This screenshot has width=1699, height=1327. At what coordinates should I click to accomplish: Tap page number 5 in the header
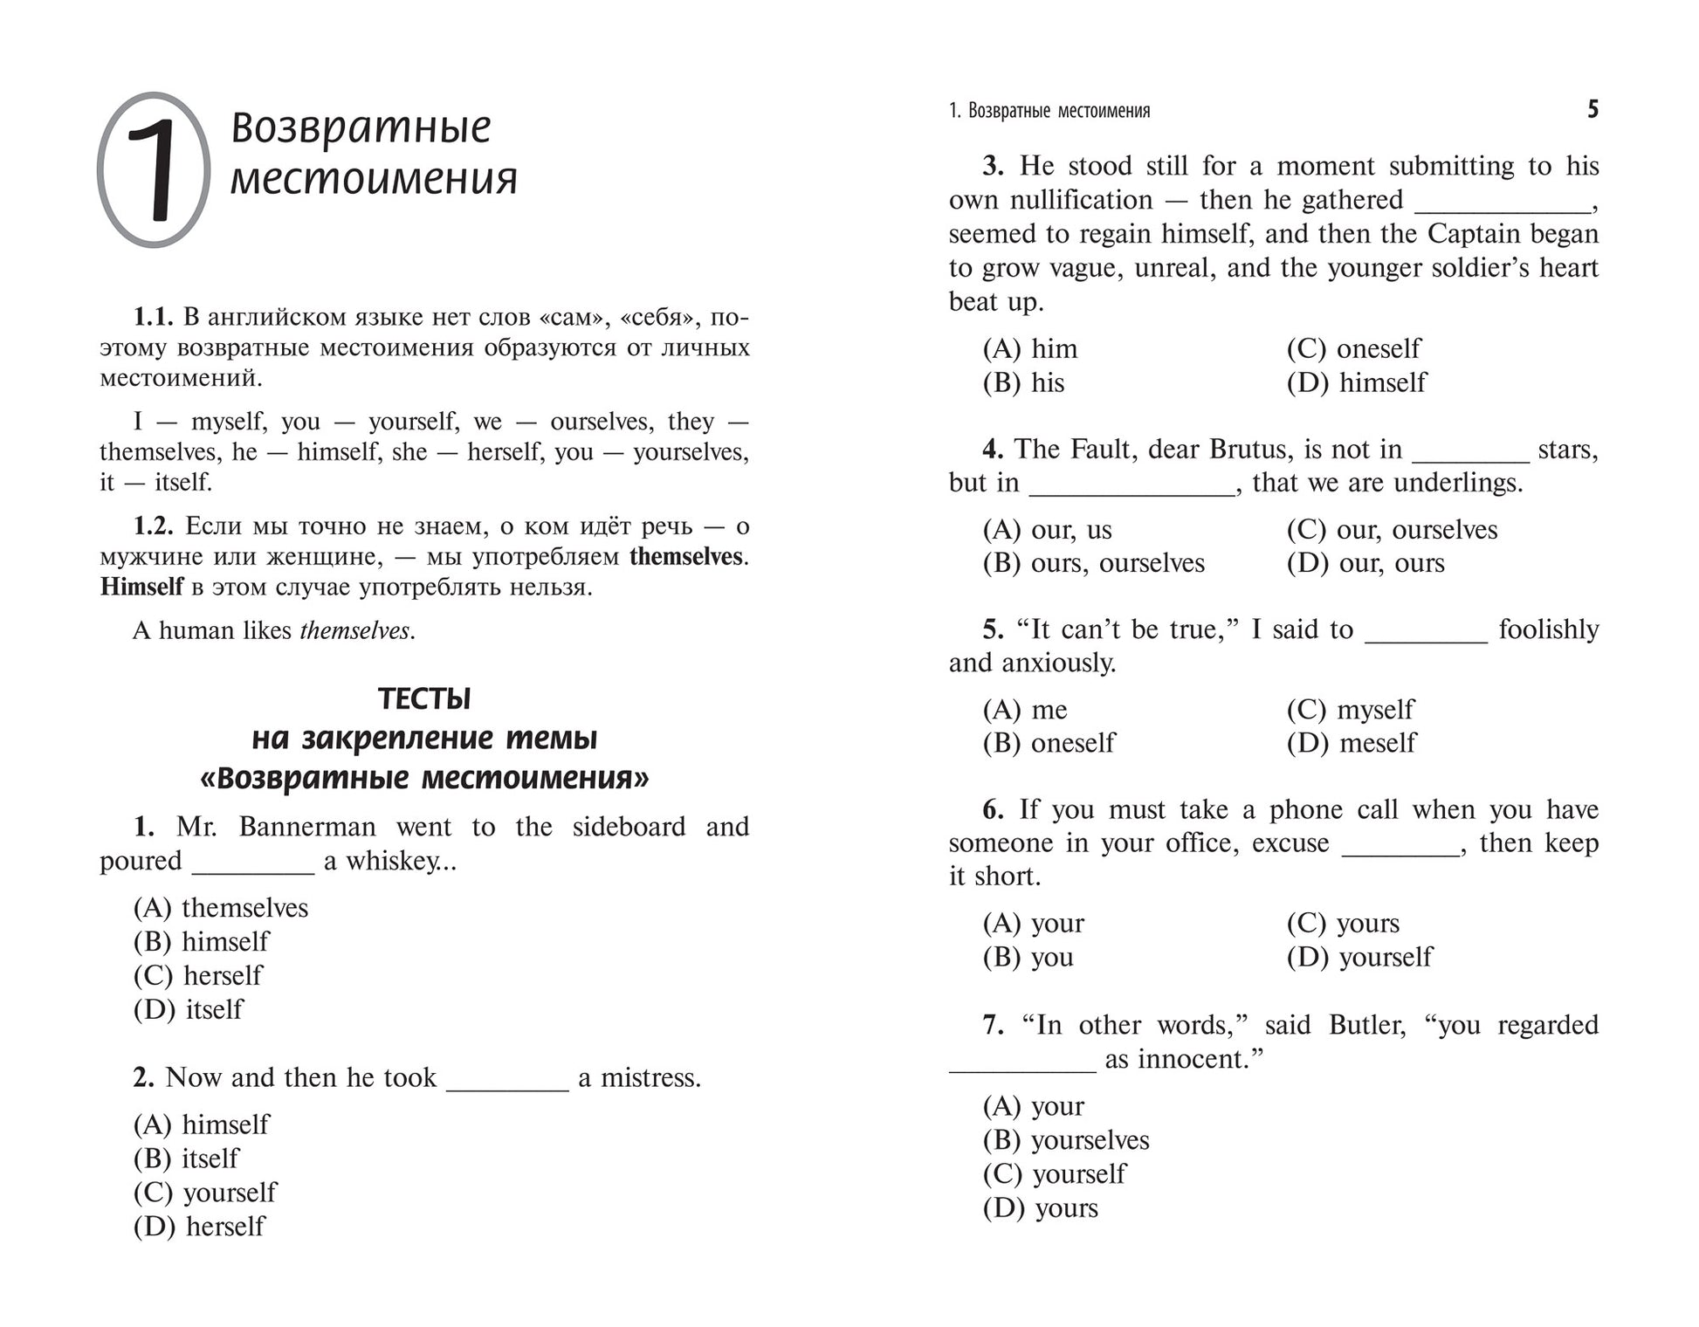(x=1592, y=110)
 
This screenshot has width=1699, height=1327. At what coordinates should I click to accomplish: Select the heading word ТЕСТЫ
(x=424, y=698)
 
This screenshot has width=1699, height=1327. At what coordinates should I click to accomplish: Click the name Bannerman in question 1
(x=307, y=826)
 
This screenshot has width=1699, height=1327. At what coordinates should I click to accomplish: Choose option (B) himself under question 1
(x=202, y=941)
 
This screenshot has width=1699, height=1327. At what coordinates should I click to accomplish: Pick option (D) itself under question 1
(x=189, y=1009)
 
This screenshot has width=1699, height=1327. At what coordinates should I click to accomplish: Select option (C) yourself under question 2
(x=205, y=1192)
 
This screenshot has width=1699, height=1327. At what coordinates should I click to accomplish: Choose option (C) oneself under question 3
(x=1353, y=348)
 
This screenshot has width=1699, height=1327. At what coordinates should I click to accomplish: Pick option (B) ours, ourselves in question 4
(x=1094, y=563)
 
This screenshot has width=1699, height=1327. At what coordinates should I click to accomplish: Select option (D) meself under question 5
(x=1352, y=743)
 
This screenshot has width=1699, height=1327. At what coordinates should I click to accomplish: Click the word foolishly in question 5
(x=1548, y=629)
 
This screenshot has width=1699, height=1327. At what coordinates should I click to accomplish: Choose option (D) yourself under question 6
(x=1359, y=957)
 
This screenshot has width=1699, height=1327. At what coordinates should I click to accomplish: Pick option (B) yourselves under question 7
(x=1066, y=1140)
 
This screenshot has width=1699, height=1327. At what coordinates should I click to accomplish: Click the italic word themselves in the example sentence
(x=354, y=630)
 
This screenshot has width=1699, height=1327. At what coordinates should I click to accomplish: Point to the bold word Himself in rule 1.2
(x=141, y=587)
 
